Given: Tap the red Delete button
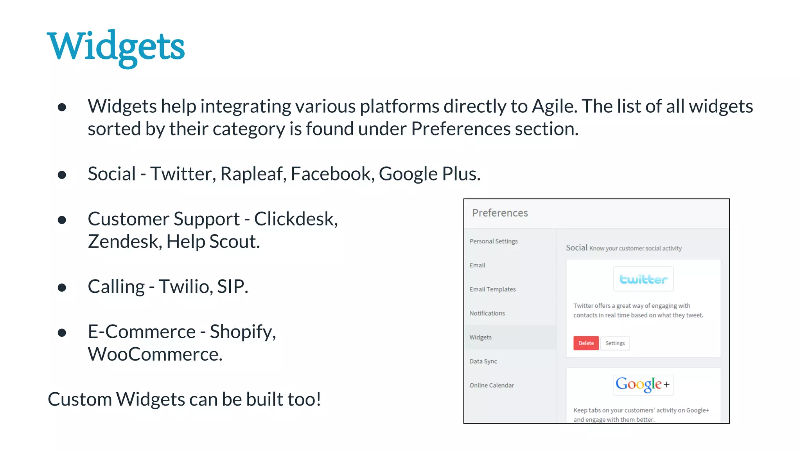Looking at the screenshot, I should pos(586,343).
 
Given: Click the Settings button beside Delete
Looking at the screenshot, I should pos(615,343).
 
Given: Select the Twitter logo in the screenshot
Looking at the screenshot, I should pos(643,279).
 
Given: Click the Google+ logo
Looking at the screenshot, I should pos(643,384).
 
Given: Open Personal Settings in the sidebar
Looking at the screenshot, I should pos(494,241).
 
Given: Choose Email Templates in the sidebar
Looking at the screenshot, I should pos(492,289).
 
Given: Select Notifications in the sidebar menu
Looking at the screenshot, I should pos(487,313).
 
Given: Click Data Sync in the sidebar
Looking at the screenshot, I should pos(483,361).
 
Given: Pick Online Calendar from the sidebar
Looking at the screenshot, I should pos(492,385).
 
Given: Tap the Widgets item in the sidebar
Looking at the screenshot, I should pos(480,337).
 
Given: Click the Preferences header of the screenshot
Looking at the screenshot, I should pos(500,213).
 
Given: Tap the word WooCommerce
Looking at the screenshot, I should pos(155,354).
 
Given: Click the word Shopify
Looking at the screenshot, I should pos(242,332).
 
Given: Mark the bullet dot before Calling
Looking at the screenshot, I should pos(62,288).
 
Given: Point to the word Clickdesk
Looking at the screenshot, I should pos(295,219).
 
